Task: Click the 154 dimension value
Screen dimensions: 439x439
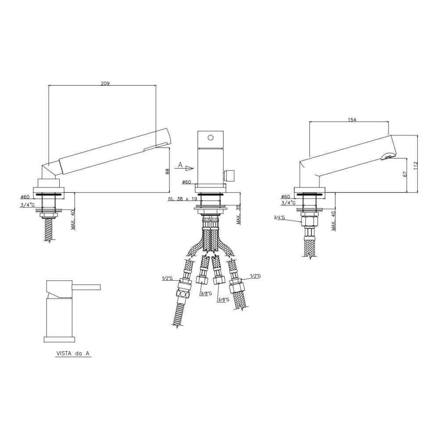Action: click(352, 120)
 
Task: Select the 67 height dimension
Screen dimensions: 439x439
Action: click(405, 174)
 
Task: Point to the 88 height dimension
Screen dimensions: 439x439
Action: click(167, 172)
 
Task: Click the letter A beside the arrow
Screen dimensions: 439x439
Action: click(180, 165)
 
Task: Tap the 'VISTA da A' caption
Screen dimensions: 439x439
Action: click(73, 353)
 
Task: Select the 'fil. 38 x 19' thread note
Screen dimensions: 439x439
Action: click(183, 199)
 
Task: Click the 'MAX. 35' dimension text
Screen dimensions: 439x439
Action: click(238, 214)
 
